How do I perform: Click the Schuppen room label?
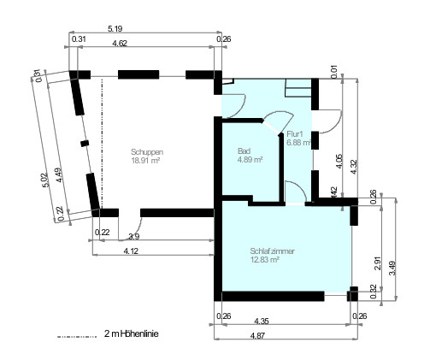(x=147, y=151)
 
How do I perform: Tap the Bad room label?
(x=244, y=151)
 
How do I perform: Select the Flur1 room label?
(x=297, y=133)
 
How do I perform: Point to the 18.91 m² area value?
(x=147, y=160)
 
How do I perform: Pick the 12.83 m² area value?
(x=265, y=260)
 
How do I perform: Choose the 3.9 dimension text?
(x=133, y=236)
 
